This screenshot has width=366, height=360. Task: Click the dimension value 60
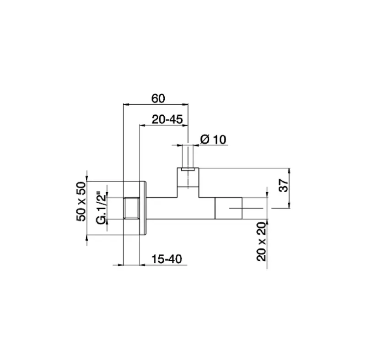click(158, 98)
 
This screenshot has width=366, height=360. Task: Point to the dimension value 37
click(283, 187)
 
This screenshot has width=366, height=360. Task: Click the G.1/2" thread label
click(101, 208)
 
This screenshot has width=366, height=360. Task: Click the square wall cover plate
click(144, 209)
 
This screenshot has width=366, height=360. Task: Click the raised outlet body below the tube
click(188, 181)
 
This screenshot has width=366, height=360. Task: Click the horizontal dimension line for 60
click(156, 105)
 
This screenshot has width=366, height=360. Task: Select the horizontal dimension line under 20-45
click(163, 126)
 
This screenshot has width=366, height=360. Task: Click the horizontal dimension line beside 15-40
click(156, 264)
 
